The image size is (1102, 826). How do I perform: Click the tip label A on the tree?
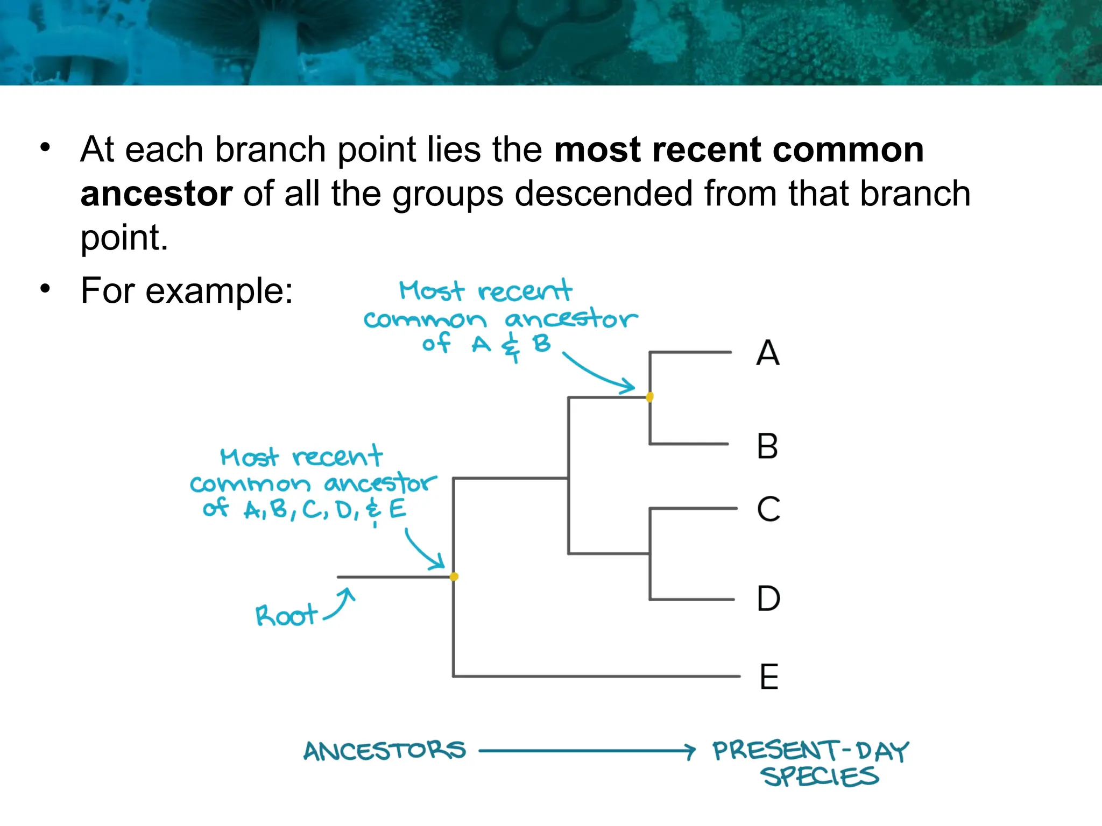767,353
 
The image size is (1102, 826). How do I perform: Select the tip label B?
767,446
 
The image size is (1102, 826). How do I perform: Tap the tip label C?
768,509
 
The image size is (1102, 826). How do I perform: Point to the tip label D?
768,599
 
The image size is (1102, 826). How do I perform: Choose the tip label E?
769,677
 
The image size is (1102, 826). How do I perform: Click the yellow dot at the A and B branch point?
649,397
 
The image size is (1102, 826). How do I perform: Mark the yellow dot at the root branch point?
454,576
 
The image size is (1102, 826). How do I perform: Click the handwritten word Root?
286,616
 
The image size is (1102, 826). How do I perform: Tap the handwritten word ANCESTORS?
384,751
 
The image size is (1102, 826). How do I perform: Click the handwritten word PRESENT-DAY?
810,751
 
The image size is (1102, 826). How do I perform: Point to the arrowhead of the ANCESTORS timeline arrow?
690,751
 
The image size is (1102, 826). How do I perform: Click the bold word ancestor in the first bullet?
157,194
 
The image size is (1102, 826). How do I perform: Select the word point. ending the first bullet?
124,238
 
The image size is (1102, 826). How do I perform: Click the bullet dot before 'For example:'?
45,289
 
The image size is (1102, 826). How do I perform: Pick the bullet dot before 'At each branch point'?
45,147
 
